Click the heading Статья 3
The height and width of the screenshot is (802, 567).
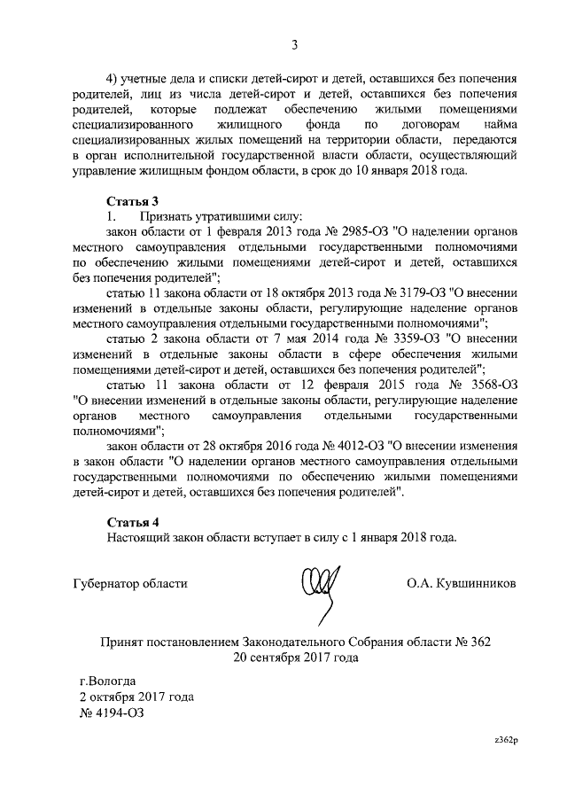pyautogui.click(x=132, y=201)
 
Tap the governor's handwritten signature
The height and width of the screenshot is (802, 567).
pyautogui.click(x=320, y=583)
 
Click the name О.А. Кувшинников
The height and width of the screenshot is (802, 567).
pyautogui.click(x=459, y=583)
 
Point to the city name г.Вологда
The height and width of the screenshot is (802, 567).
pyautogui.click(x=108, y=681)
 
